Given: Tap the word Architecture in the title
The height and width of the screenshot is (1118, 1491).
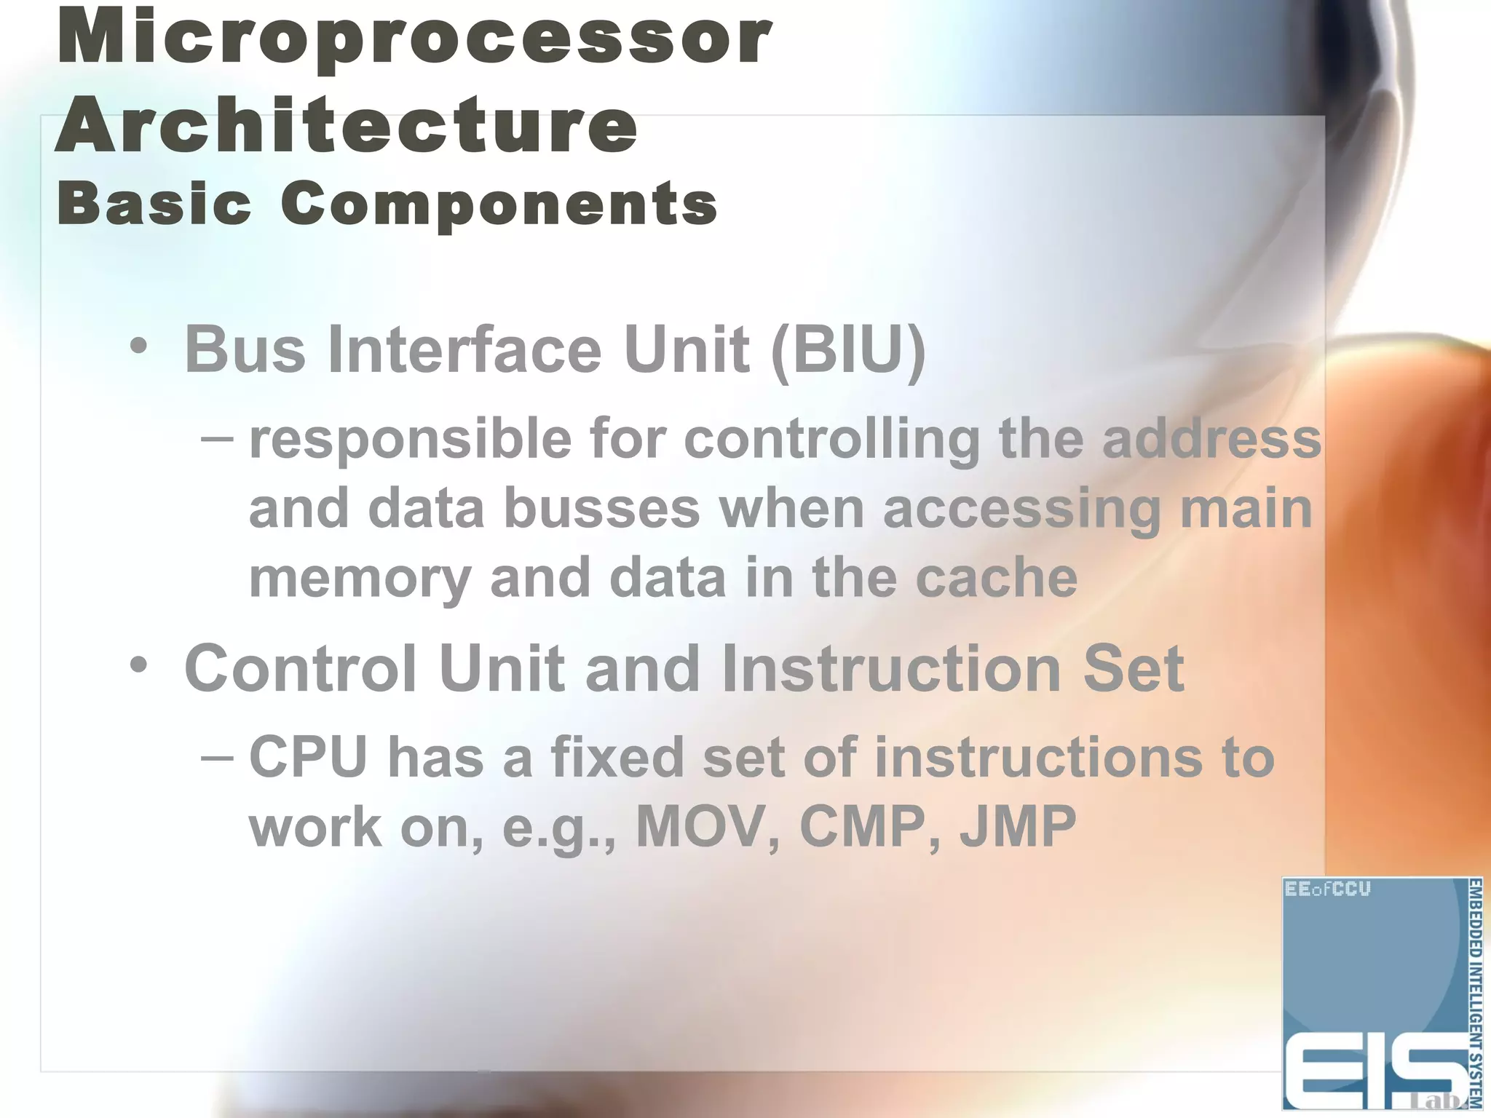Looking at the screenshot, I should tap(347, 125).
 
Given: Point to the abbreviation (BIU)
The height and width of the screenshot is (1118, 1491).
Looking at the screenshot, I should tap(848, 350).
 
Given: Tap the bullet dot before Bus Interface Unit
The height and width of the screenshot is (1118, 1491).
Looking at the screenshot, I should tap(138, 346).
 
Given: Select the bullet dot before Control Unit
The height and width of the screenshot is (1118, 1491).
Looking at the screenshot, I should tap(138, 664).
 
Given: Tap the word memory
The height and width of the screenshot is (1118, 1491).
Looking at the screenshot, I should tap(360, 579).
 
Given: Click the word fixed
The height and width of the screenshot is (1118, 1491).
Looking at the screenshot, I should tap(617, 757).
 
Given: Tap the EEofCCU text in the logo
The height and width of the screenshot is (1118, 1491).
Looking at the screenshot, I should tap(1327, 889).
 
